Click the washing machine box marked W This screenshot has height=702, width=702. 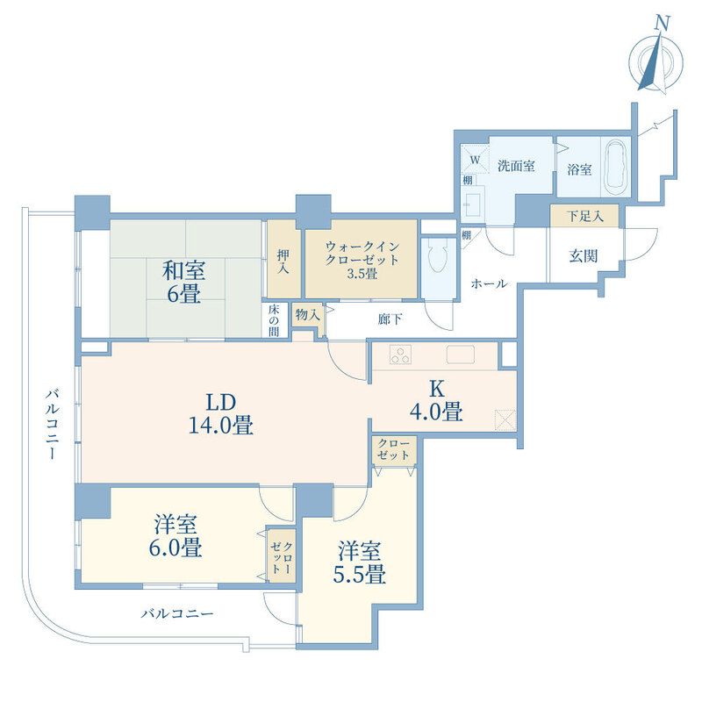point(475,159)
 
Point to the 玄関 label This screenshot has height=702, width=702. point(584,256)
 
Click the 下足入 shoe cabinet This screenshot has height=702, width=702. point(584,216)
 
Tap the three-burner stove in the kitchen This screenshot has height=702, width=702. point(400,355)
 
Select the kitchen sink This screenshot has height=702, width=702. point(460,355)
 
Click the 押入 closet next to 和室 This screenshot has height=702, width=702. point(283,260)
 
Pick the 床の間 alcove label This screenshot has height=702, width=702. point(274,320)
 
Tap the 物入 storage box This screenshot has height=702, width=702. point(308,315)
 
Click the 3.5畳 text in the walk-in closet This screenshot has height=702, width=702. point(362,274)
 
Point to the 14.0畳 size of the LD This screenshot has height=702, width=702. point(221,426)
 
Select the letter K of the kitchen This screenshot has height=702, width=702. point(436,390)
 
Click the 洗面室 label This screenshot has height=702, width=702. point(516,166)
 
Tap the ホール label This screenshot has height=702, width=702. point(489,283)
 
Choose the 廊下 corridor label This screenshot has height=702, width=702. point(390,319)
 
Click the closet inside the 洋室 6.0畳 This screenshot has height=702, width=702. point(282,556)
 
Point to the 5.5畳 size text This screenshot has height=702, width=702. point(359,575)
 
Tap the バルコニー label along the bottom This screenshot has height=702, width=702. point(177,613)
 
